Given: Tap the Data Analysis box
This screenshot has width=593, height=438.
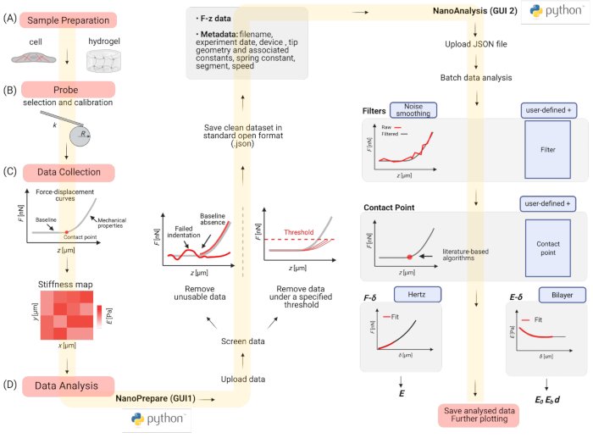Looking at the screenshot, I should click(69, 386).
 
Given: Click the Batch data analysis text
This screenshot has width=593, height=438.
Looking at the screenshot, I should click(477, 78).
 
